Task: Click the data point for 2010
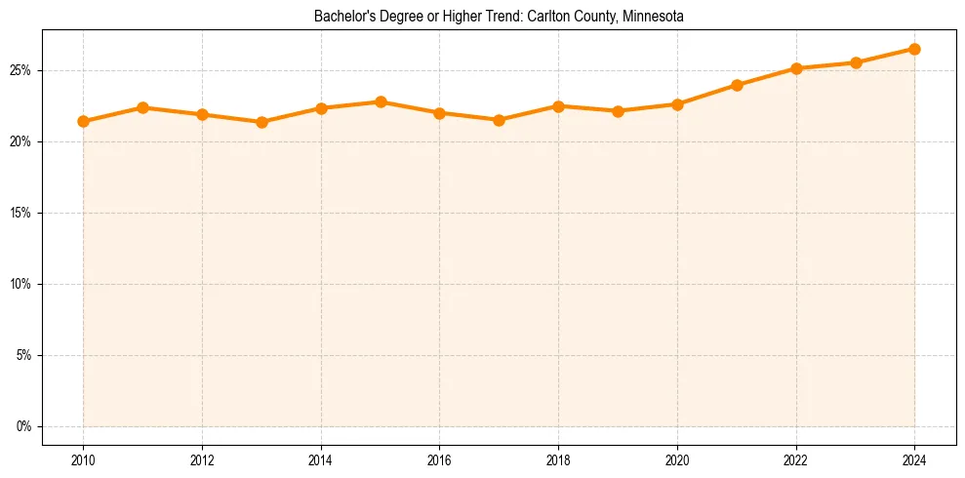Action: click(83, 122)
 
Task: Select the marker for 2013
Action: click(261, 122)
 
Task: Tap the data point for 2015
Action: click(381, 101)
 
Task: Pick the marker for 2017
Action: click(499, 120)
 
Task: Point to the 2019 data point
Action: click(618, 111)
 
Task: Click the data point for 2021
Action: click(737, 85)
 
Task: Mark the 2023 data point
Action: click(856, 62)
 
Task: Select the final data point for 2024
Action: click(914, 49)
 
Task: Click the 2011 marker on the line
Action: click(142, 107)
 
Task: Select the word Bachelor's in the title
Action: click(342, 17)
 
